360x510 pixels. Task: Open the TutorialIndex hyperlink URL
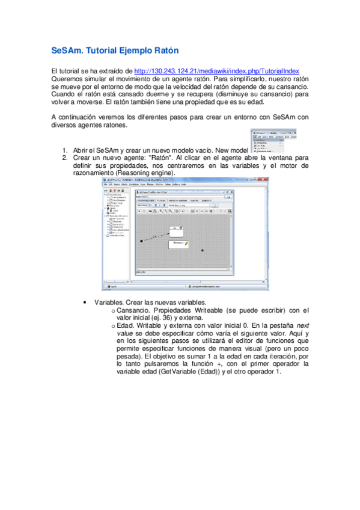click(x=217, y=71)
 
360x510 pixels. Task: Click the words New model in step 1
click(x=231, y=150)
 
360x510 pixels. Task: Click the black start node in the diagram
click(x=142, y=241)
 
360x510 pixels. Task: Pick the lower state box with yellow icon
click(x=178, y=244)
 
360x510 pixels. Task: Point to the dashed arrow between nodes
click(x=155, y=236)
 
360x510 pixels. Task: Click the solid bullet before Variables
click(x=88, y=303)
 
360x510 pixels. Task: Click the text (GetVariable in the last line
click(x=175, y=371)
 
